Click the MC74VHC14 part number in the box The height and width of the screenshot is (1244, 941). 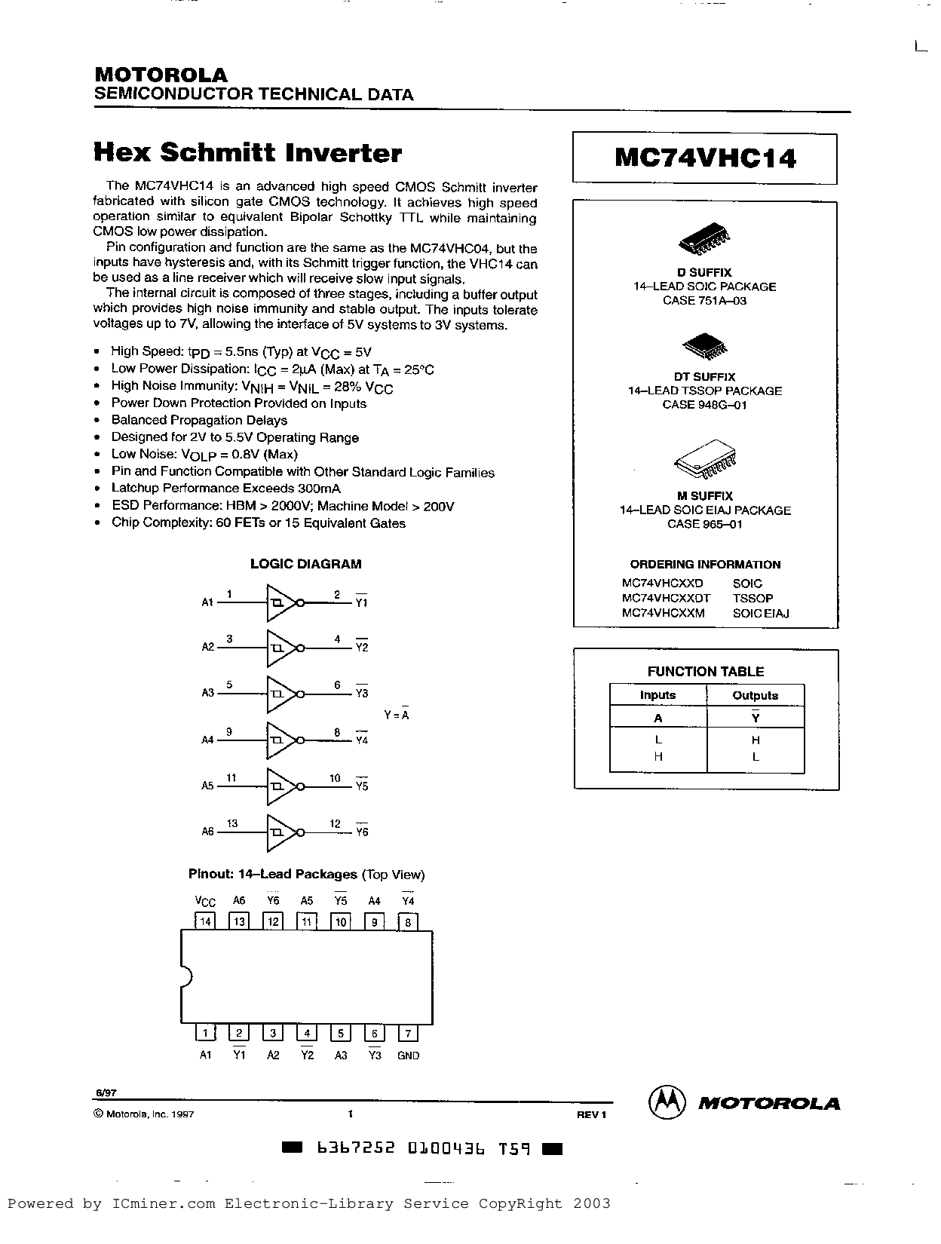pyautogui.click(x=705, y=158)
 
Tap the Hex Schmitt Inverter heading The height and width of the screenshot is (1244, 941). pyautogui.click(x=247, y=153)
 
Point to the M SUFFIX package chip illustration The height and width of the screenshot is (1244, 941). pyautogui.click(x=705, y=462)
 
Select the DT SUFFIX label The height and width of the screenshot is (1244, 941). pyautogui.click(x=704, y=376)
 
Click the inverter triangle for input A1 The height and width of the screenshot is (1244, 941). pyautogui.click(x=280, y=602)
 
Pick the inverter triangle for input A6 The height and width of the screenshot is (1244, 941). pyautogui.click(x=280, y=832)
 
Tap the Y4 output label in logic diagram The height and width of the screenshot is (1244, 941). pyautogui.click(x=362, y=740)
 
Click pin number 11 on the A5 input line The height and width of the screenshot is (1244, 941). pyautogui.click(x=231, y=777)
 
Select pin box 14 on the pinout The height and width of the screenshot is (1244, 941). pyautogui.click(x=204, y=921)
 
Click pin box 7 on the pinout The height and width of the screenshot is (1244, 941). pyautogui.click(x=408, y=1034)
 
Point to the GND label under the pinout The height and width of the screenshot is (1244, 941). pyautogui.click(x=408, y=1056)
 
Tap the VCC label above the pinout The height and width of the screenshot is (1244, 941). pyautogui.click(x=205, y=901)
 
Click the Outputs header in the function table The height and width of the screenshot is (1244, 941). pyautogui.click(x=755, y=695)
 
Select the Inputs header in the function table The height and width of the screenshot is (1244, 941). pyautogui.click(x=657, y=695)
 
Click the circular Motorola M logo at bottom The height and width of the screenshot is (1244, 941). pyautogui.click(x=667, y=1103)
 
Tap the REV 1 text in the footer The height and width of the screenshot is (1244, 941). pyautogui.click(x=591, y=1114)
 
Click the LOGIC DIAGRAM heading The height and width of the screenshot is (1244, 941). pyautogui.click(x=305, y=564)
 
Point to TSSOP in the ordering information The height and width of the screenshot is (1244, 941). pyautogui.click(x=752, y=598)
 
